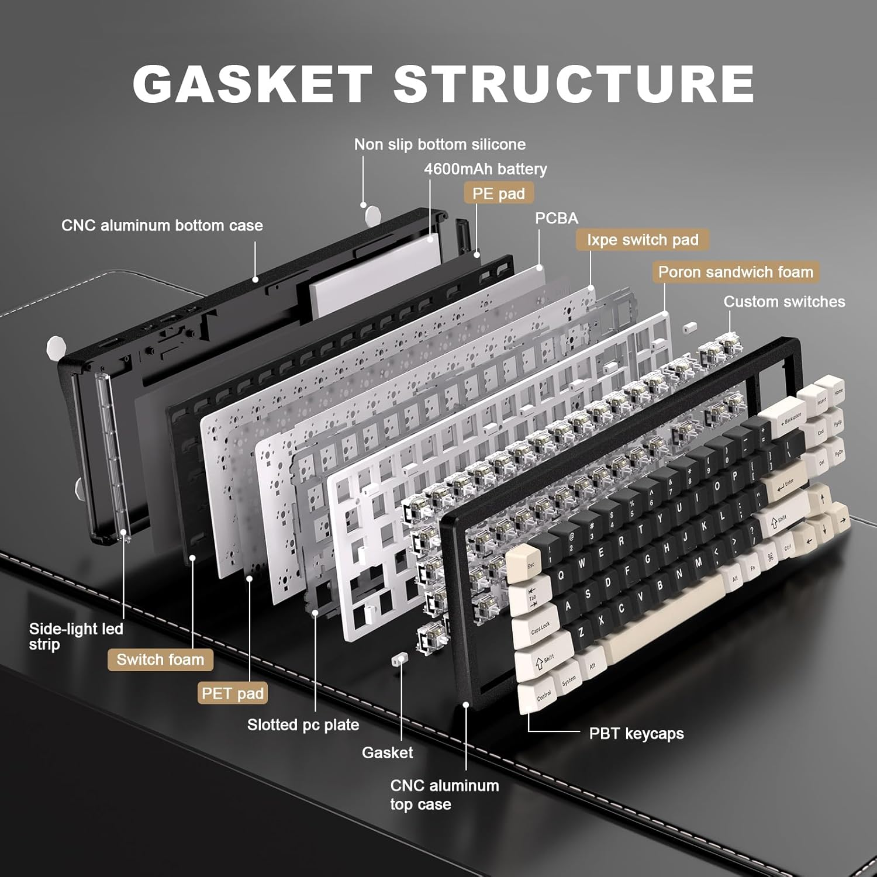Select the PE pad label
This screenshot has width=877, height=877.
pos(499,194)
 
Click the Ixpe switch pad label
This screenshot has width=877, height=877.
pos(643,240)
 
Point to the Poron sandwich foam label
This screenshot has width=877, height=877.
pos(736,272)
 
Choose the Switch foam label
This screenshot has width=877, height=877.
pos(160,660)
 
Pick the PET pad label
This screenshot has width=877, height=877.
pos(233,693)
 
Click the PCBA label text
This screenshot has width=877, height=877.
pos(557,218)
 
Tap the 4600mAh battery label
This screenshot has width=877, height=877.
pos(485,169)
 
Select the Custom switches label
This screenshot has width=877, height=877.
pos(784,302)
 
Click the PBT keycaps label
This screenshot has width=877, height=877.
pos(636,733)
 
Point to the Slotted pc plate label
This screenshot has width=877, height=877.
pos(303,725)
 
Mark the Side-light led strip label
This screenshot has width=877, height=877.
pos(76,636)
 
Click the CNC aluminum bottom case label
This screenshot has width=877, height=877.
pos(162,226)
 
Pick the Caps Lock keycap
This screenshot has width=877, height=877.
pos(537,629)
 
